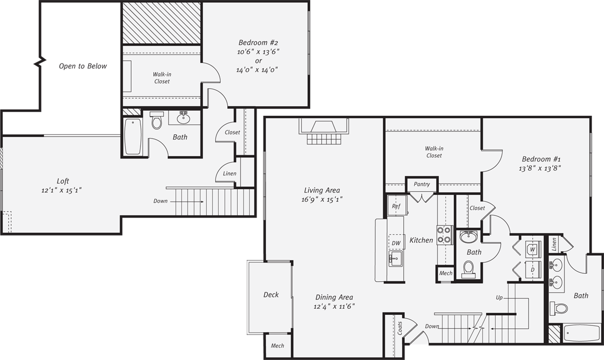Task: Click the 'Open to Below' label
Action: click(83, 66)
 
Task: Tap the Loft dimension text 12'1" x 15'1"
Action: click(63, 190)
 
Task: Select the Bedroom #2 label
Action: click(258, 42)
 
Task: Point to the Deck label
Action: click(271, 295)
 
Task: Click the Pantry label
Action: click(421, 184)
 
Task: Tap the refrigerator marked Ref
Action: click(396, 206)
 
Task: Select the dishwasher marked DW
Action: click(396, 243)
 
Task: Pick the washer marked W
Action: click(532, 249)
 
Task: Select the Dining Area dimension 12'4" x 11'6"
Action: click(334, 306)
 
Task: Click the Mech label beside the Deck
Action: click(277, 346)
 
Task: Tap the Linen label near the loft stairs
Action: click(230, 174)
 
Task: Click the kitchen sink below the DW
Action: click(396, 258)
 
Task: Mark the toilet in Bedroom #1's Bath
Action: click(560, 309)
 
